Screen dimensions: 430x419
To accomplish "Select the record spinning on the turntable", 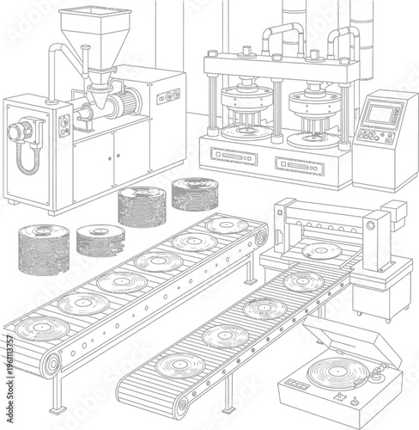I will (333, 373).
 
